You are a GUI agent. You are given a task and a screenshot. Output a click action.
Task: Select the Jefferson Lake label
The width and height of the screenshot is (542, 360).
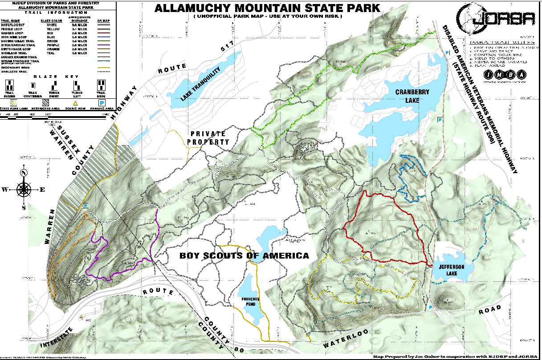coord(452,269)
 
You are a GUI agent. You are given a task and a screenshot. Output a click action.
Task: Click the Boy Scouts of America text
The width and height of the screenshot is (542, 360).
coord(244,256)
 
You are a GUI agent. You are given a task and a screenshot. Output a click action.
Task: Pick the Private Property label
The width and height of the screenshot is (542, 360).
coord(208,138)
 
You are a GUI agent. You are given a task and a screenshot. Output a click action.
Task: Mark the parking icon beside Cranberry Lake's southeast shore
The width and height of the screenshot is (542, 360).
coord(440,120)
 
